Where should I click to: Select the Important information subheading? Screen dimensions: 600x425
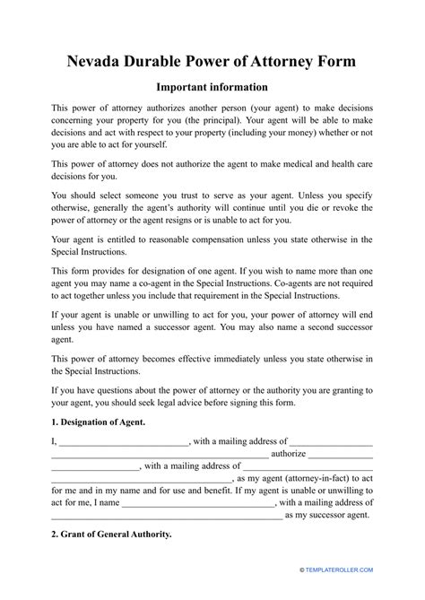[x=212, y=87]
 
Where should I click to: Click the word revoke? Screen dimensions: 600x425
[x=351, y=202]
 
